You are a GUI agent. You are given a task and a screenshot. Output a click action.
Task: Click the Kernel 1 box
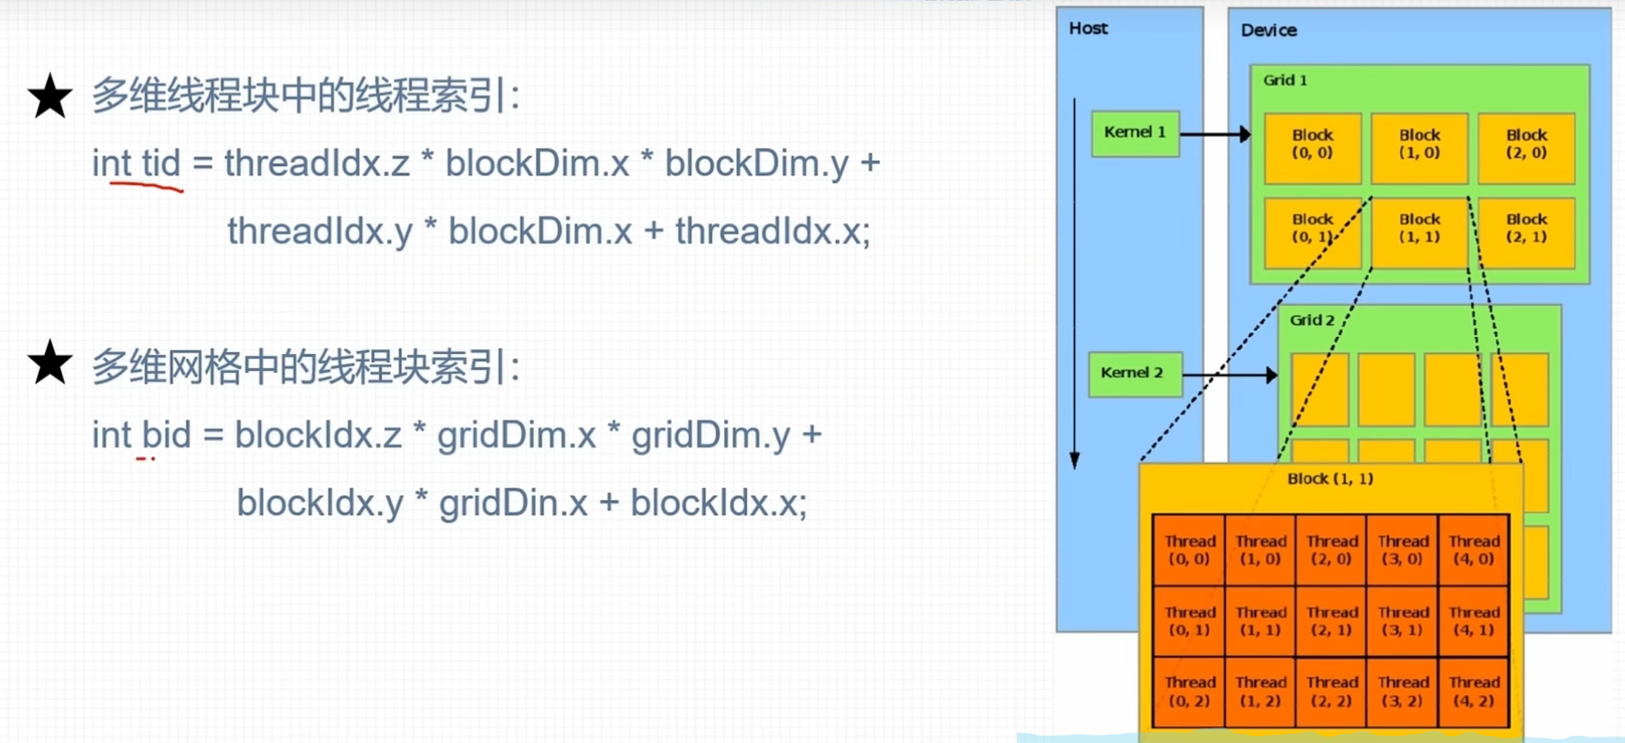coord(1135,133)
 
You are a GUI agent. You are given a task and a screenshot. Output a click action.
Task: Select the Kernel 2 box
coord(1135,374)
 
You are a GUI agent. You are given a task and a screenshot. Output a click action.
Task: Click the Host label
coord(1088,28)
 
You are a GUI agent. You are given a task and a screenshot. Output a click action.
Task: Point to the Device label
coord(1268,30)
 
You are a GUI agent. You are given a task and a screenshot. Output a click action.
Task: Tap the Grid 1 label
coord(1285,80)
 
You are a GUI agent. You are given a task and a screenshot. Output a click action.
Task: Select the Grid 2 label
coord(1311,320)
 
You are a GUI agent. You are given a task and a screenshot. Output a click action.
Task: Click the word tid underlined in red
coord(161,163)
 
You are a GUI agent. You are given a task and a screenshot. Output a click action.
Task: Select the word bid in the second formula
coord(166,435)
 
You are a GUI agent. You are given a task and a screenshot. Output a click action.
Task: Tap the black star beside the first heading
coord(50,96)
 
